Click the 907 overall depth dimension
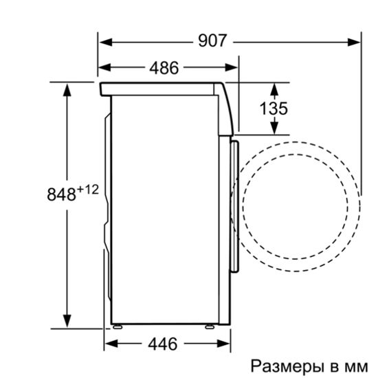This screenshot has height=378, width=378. (x=212, y=41)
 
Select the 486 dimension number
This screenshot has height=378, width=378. (x=164, y=67)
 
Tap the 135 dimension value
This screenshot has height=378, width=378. (x=274, y=109)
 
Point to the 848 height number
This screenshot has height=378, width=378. (x=60, y=194)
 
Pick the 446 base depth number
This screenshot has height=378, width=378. (x=163, y=343)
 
